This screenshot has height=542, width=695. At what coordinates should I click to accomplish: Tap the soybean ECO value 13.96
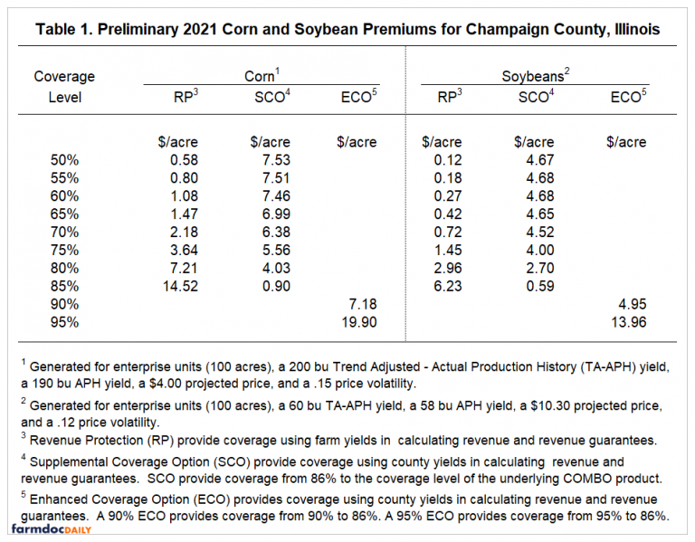click(625, 320)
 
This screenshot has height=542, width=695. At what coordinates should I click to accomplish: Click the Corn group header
click(262, 77)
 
